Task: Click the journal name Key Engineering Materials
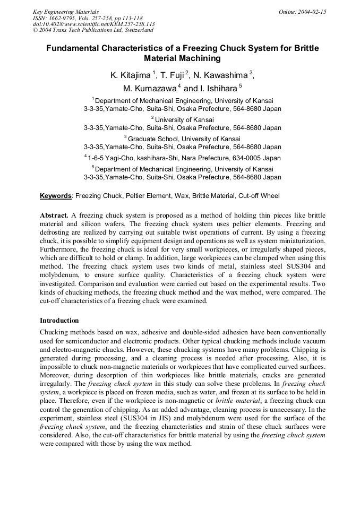(66, 12)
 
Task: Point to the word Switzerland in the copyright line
(134, 30)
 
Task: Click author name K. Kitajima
(130, 75)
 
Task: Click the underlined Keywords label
(56, 196)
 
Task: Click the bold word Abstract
(54, 215)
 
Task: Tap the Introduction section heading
(59, 321)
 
